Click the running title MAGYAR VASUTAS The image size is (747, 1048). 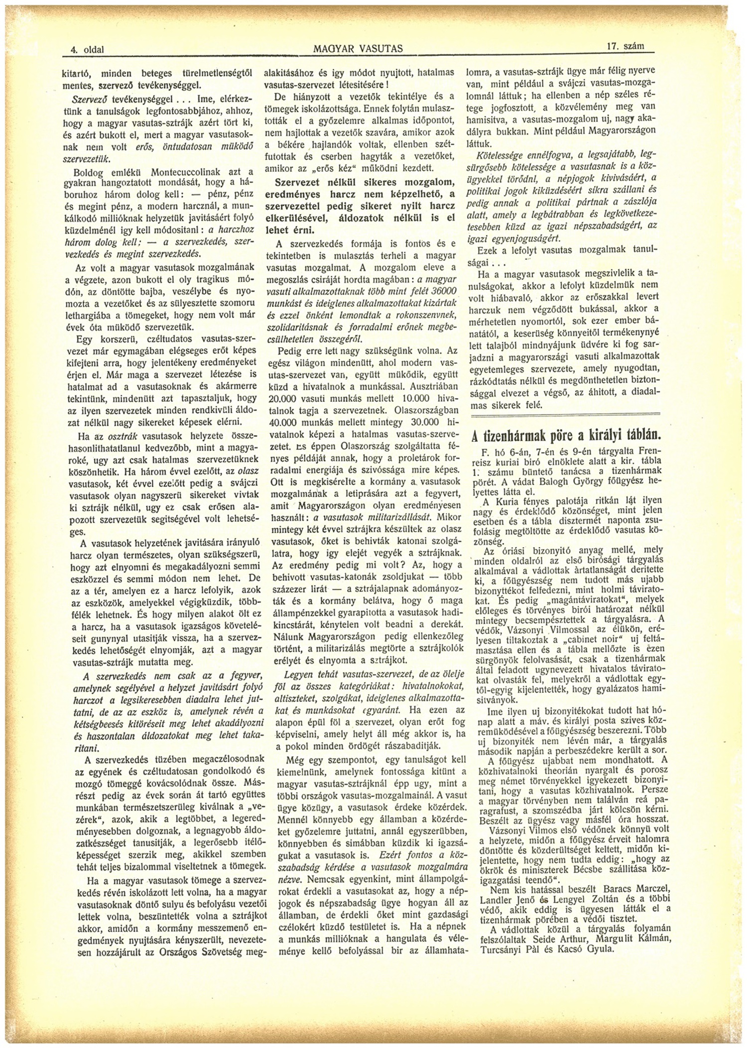click(x=358, y=49)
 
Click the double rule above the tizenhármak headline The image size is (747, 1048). click(x=565, y=415)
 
